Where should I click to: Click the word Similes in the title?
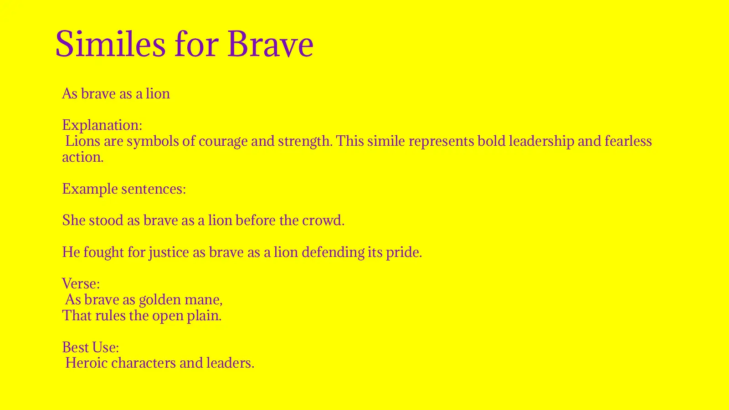[110, 44]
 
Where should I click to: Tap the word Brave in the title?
[270, 44]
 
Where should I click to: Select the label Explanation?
[102, 125]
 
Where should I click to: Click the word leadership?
[541, 141]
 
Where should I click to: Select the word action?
[82, 157]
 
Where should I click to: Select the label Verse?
[81, 284]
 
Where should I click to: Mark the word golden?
[159, 300]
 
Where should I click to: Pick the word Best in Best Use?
[75, 347]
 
